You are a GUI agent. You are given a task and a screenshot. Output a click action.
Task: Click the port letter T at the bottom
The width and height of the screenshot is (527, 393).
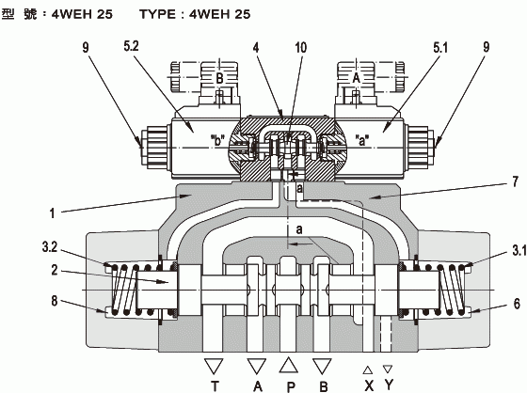coord(215,386)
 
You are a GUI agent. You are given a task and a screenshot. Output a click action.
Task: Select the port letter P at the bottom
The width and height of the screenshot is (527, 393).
coord(291,387)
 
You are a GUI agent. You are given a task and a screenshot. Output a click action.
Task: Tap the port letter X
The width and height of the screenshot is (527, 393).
coord(369,385)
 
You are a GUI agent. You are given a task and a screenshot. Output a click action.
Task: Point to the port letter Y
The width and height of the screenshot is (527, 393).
coord(389,385)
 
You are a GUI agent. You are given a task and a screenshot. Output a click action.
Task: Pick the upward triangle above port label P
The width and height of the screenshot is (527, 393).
coord(289,365)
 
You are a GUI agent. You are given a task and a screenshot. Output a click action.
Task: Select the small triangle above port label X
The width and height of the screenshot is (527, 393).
coord(368,370)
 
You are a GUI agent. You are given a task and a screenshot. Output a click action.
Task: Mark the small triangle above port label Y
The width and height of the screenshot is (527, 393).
coord(388,369)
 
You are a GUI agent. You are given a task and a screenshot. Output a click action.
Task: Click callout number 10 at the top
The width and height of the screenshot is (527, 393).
coord(301,48)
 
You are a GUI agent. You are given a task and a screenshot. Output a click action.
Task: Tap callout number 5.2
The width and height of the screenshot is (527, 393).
coord(131,46)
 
